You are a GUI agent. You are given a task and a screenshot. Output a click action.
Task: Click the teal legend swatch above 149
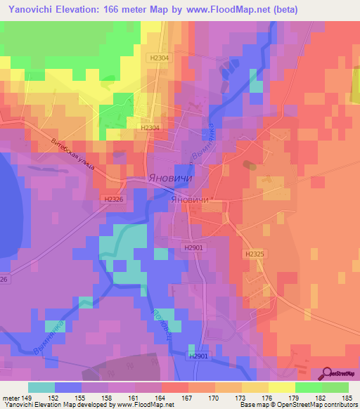tap(41, 387)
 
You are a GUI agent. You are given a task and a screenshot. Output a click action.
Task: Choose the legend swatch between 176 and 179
tap(282, 387)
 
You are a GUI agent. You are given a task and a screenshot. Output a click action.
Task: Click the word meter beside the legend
tap(11, 397)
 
